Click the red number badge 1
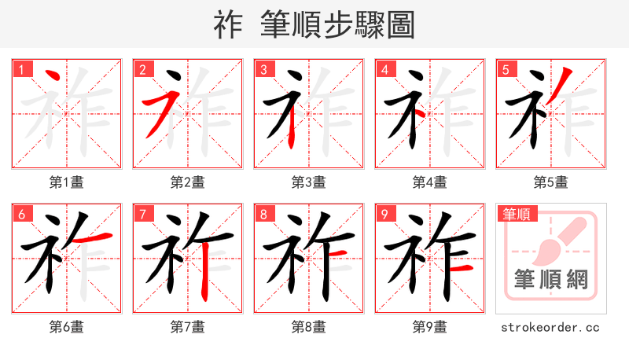click(x=22, y=70)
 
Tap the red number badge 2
click(x=143, y=70)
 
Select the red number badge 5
click(x=506, y=70)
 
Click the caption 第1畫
click(x=66, y=182)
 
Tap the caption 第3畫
click(x=308, y=182)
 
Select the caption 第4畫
click(x=429, y=182)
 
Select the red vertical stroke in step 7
click(x=204, y=271)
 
